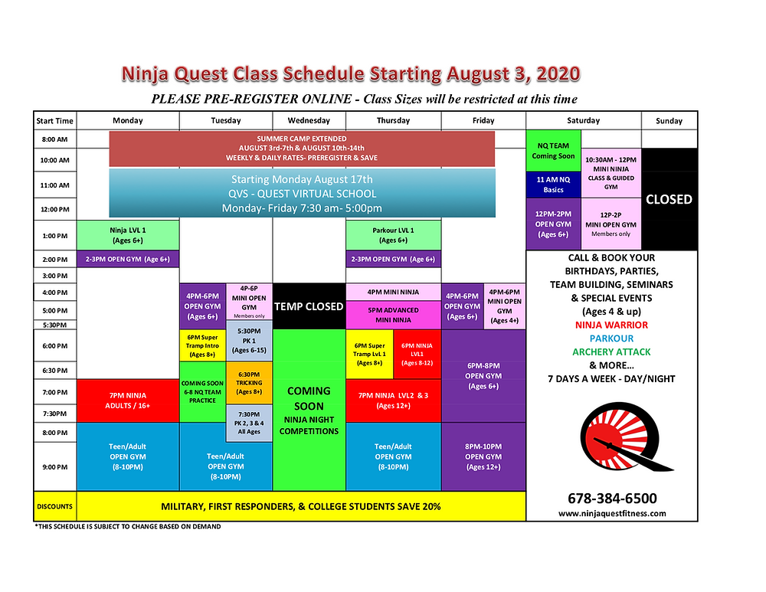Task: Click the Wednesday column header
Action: coord(309,121)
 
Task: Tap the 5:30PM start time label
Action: coord(54,325)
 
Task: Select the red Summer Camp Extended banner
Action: coord(302,149)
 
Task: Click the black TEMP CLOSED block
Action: coord(309,306)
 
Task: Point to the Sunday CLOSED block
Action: coord(669,199)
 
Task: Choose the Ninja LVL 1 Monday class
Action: coord(128,235)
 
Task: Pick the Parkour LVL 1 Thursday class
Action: coord(393,235)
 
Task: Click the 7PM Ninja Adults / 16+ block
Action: coord(128,401)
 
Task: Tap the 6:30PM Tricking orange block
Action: coord(249,383)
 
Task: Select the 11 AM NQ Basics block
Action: coord(553,185)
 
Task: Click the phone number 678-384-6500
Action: coord(612,499)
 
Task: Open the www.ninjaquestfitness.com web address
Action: coord(612,513)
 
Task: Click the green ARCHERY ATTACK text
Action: coord(611,352)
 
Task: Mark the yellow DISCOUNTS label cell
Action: coord(54,506)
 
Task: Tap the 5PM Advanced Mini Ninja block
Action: coord(393,315)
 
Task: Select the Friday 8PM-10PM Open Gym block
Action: coord(483,456)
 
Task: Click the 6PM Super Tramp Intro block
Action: coord(203,346)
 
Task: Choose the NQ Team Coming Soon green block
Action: coord(553,151)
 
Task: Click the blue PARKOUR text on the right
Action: coord(611,339)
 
